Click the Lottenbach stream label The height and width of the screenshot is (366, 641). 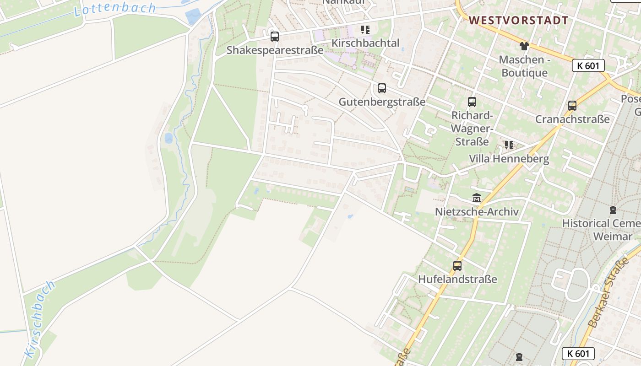tap(115, 9)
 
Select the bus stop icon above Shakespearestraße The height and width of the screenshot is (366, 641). tap(275, 37)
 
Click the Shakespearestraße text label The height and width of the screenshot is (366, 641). tap(275, 50)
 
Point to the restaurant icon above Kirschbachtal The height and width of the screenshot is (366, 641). tap(365, 30)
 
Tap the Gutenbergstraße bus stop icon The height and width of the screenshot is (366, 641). tap(382, 88)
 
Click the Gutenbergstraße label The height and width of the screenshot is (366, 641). tap(382, 102)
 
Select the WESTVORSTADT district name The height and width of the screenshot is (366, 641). tap(518, 20)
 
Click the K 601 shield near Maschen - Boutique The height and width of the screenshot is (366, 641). tap(588, 65)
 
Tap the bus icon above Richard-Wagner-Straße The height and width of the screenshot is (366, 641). tap(472, 102)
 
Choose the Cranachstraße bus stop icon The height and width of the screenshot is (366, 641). tap(572, 106)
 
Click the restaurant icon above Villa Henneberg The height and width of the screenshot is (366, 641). tap(509, 145)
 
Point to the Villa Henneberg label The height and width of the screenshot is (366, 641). tap(509, 159)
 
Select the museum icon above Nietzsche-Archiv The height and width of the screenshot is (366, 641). tap(477, 198)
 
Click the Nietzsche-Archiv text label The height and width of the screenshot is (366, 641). tap(477, 212)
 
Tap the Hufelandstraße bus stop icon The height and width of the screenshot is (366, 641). tap(457, 266)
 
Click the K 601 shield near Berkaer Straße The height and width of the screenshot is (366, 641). tap(578, 353)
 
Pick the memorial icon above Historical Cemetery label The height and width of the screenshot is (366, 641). tap(613, 210)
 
